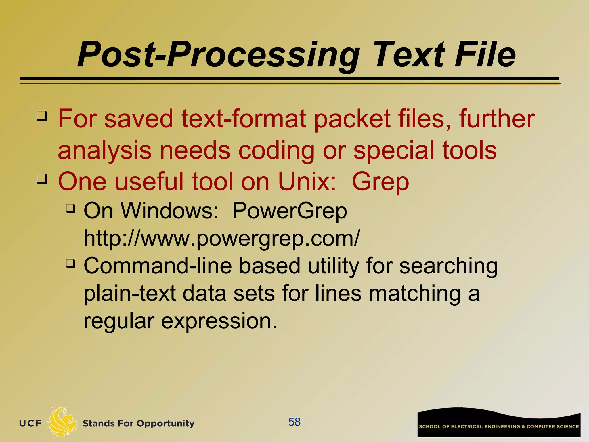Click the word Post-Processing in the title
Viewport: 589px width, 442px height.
click(219, 55)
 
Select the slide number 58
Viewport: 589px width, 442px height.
click(294, 422)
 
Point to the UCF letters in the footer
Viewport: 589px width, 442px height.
click(30, 423)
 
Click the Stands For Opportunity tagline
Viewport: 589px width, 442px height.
click(138, 423)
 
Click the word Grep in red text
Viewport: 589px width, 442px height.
click(380, 182)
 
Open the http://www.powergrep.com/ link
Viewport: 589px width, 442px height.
click(221, 238)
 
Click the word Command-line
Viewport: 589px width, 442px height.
click(158, 266)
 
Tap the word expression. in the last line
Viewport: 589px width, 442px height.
click(219, 321)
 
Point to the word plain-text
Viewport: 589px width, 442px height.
click(130, 294)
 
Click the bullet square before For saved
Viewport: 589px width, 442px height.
click(42, 116)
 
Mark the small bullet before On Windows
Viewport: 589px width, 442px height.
click(70, 208)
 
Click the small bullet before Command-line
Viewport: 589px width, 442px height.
click(70, 263)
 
